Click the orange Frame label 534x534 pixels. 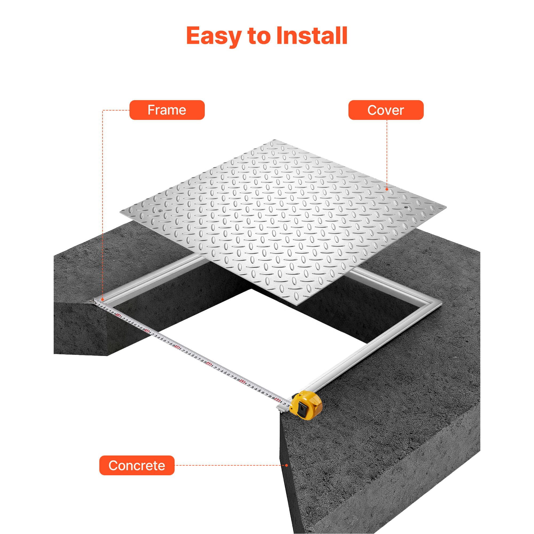coord(167,110)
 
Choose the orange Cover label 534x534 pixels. coord(386,110)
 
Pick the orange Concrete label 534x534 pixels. coord(137,465)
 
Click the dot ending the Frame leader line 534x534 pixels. coord(103,299)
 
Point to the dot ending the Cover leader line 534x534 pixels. coord(387,189)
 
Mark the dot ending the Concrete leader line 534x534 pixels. coord(286,465)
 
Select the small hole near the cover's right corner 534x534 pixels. coord(406,206)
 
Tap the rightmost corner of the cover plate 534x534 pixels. coord(446,207)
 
